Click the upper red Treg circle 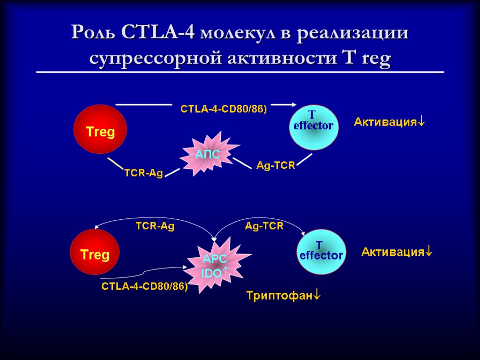coord(99,129)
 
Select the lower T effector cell coord(321,252)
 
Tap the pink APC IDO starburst coord(216,265)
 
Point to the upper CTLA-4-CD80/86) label coord(223,109)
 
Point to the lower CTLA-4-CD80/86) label coord(144,286)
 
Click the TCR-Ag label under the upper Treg coord(143,173)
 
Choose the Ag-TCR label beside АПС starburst coord(276,165)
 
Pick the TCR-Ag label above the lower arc coord(155,226)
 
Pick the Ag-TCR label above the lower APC coord(264,226)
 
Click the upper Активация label coord(385,122)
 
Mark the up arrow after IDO coord(225,271)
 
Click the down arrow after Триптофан coord(317,296)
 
